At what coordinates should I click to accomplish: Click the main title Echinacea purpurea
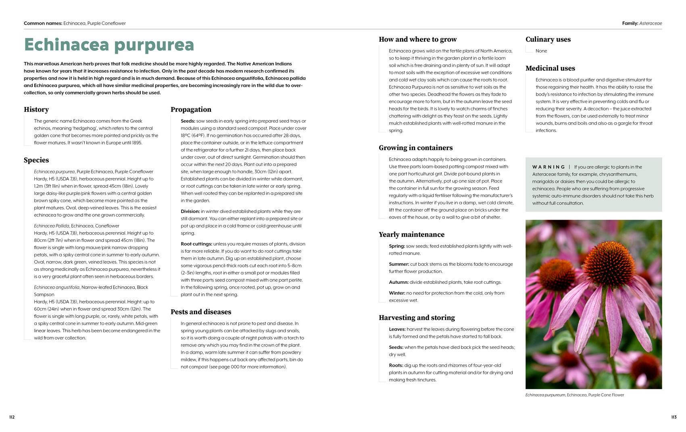pos(109,45)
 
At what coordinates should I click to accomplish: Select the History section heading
pos(36,109)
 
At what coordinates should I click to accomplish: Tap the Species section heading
pos(36,160)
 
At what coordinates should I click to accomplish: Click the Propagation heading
pos(191,109)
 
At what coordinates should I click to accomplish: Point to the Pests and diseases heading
pos(201,312)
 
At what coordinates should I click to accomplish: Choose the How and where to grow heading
pos(417,39)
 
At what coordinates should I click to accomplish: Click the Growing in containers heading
pos(415,148)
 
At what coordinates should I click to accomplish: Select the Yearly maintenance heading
pos(411,235)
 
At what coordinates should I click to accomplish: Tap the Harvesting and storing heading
pos(417,318)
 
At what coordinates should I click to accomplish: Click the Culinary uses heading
pos(548,39)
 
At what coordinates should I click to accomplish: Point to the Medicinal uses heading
pos(550,68)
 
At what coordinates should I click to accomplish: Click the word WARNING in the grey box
pos(548,167)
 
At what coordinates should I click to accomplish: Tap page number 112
pos(12,417)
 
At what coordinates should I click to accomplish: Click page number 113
pos(673,417)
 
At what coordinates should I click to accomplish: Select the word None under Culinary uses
pos(541,51)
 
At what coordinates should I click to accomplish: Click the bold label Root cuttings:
pos(196,244)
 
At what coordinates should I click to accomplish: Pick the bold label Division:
pos(190,212)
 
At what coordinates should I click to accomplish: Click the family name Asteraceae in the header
pos(651,23)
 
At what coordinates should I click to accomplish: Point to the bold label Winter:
pos(397,293)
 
